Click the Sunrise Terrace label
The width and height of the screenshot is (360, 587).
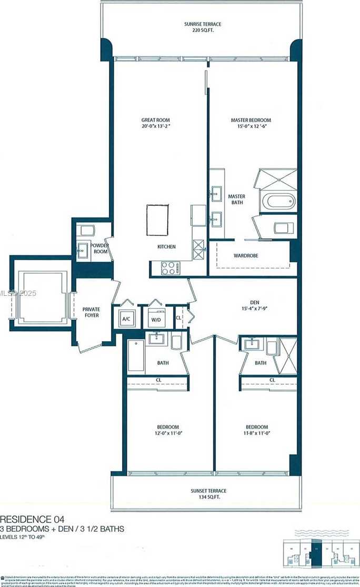pyautogui.click(x=203, y=24)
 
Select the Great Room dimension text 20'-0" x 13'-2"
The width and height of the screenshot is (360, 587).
pyautogui.click(x=155, y=127)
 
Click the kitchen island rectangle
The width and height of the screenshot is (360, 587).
pyautogui.click(x=157, y=220)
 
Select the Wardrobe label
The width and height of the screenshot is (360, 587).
pyautogui.click(x=246, y=256)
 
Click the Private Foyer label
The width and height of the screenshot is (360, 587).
pyautogui.click(x=91, y=312)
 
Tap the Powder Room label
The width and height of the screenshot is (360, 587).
pyautogui.click(x=99, y=248)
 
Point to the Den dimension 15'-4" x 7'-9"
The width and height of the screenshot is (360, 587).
pyautogui.click(x=255, y=309)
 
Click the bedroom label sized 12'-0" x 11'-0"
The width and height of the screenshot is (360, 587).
pyautogui.click(x=168, y=430)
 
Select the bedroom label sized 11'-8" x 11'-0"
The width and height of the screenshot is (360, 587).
pyautogui.click(x=256, y=430)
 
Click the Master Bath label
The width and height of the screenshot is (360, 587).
pyautogui.click(x=237, y=199)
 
